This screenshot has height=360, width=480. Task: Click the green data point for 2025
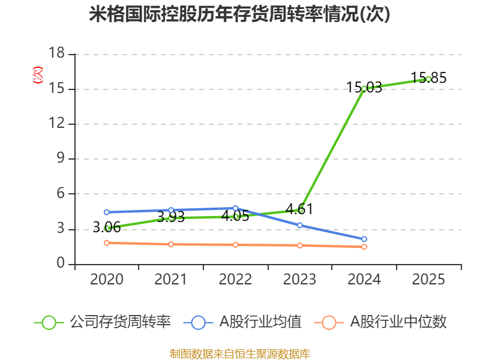pyautogui.click(x=428, y=79)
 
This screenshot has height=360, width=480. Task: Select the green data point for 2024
pyautogui.click(x=364, y=88)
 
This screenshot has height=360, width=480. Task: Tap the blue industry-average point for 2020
pyautogui.click(x=107, y=212)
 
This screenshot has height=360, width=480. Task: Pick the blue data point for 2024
pyautogui.click(x=364, y=239)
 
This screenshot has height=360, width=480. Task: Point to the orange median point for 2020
pyautogui.click(x=107, y=242)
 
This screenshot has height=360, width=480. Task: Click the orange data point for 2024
pyautogui.click(x=364, y=247)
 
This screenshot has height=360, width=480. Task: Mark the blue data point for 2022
pyautogui.click(x=235, y=208)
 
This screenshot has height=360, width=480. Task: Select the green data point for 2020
pyautogui.click(x=107, y=228)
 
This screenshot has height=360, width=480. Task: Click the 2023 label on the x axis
pyautogui.click(x=300, y=280)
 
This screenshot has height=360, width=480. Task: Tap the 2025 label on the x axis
pyautogui.click(x=428, y=280)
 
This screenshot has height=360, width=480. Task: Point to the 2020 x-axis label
pyautogui.click(x=107, y=280)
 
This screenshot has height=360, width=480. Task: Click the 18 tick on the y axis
pyautogui.click(x=56, y=54)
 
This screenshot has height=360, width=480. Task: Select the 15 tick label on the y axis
pyautogui.click(x=56, y=89)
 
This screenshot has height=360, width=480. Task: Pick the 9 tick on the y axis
pyautogui.click(x=61, y=159)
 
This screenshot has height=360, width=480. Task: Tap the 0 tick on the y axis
pyautogui.click(x=61, y=264)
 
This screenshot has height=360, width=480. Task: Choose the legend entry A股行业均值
pyautogui.click(x=247, y=322)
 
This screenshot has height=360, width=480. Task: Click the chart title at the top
pyautogui.click(x=240, y=14)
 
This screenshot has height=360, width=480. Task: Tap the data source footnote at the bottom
pyautogui.click(x=240, y=353)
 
